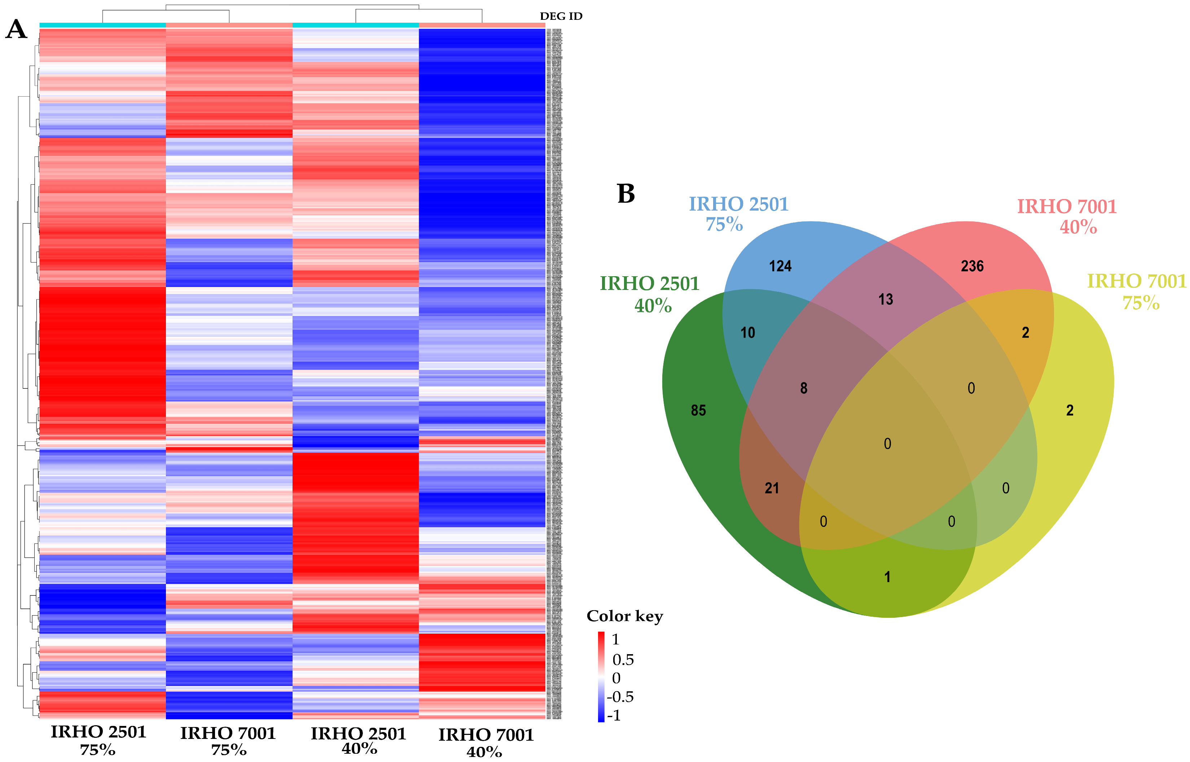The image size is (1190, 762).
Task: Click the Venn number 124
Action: [780, 266]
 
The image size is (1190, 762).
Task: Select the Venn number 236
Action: [972, 266]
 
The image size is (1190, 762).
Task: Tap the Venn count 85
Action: [698, 410]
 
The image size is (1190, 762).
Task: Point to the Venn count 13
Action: [885, 299]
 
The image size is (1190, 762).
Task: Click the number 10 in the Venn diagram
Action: [748, 332]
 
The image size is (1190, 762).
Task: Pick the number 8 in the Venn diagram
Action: [804, 388]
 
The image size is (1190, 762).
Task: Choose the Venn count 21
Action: [772, 488]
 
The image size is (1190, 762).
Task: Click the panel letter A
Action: [16, 30]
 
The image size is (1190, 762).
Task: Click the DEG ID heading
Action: [561, 16]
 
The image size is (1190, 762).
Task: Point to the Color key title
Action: [624, 616]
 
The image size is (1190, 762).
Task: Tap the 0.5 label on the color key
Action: [623, 660]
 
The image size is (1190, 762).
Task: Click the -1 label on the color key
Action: [614, 715]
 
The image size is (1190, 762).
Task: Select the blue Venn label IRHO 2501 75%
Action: [738, 214]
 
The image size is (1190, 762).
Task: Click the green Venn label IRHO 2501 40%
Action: [650, 294]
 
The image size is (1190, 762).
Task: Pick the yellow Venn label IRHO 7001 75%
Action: [1137, 291]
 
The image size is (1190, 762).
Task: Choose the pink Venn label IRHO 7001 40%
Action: [1067, 216]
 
